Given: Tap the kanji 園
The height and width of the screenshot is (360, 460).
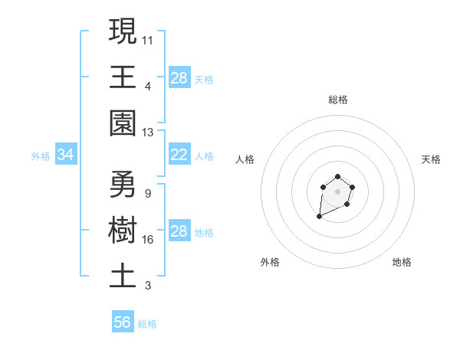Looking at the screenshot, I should point(123,122).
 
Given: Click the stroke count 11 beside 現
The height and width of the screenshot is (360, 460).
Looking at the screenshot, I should point(148,40).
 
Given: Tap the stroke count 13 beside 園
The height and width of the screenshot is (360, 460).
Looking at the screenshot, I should point(148,132).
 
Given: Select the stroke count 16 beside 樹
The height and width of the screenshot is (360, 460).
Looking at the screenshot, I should point(148,240).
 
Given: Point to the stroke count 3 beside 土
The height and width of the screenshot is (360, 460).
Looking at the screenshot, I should point(147,286).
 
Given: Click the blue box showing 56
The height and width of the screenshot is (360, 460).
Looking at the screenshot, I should point(123,322).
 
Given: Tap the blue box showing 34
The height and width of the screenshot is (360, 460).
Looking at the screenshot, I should point(66,155).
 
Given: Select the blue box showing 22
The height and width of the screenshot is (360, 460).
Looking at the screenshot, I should point(179,155).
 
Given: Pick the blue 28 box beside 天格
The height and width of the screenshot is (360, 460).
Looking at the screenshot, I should point(179,78).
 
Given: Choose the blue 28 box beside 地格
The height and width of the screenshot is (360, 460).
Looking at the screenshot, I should point(179,231).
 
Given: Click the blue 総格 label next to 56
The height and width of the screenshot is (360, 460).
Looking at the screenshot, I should point(147,324).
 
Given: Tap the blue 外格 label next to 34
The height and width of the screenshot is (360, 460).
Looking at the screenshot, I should point(41,156).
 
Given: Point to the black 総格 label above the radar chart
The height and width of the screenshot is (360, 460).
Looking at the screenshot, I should point(337,100).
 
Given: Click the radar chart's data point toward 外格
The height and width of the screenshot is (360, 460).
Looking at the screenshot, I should point(319,218).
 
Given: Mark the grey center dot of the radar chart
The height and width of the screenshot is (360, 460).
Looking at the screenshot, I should point(337,191).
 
